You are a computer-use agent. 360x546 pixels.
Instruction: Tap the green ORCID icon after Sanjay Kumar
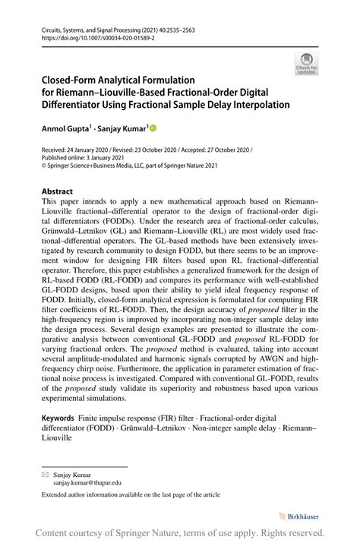152,130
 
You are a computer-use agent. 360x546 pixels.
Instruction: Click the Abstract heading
57,191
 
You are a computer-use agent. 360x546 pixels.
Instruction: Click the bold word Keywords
58,418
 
